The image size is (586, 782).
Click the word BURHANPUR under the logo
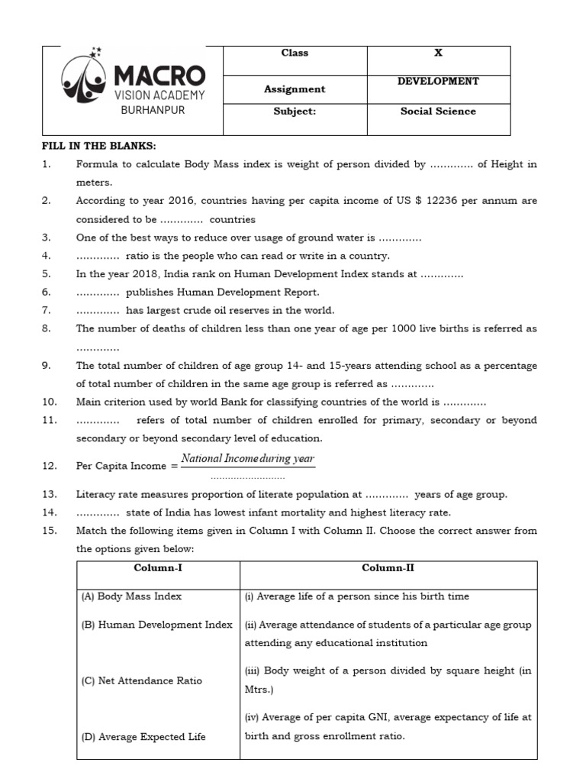[x=153, y=110]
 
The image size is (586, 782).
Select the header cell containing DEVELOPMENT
[x=438, y=82]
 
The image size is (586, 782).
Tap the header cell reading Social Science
[x=438, y=111]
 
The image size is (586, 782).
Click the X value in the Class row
[x=438, y=53]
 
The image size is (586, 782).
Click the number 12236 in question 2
[x=435, y=201]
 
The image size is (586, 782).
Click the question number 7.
[x=46, y=310]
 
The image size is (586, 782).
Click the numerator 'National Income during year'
[x=247, y=459]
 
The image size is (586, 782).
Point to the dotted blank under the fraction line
[x=247, y=474]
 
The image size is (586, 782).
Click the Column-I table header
[x=158, y=568]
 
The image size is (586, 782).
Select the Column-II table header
[x=388, y=568]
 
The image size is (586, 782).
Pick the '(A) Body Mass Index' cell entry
[x=132, y=596]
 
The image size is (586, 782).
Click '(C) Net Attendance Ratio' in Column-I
[x=142, y=680]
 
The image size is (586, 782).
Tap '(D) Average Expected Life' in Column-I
[x=143, y=737]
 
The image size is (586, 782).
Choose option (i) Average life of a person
[x=356, y=596]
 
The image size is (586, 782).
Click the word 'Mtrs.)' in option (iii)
[x=260, y=689]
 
